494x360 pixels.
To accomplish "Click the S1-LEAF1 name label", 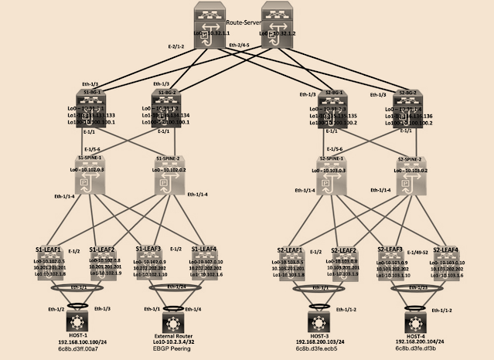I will pos(49,250).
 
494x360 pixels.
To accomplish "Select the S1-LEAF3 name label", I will pos(148,250).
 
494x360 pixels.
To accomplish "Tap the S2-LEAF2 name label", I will pos(343,250).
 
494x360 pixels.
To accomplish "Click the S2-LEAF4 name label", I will pos(445,250).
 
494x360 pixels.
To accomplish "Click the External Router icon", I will pos(172,322).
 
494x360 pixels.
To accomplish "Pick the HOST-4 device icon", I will pos(415,322).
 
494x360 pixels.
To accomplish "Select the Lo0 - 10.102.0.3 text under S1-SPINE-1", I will pos(87,168).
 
